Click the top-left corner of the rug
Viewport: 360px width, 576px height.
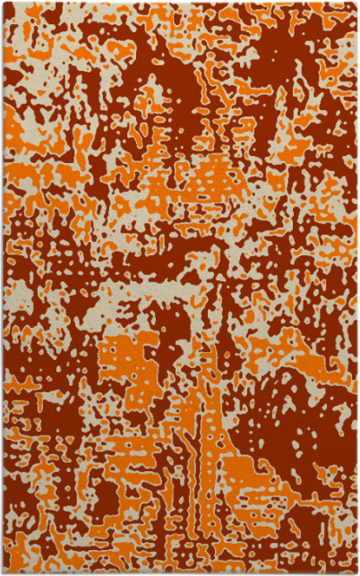pos(3,3)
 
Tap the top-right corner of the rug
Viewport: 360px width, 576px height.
pos(356,3)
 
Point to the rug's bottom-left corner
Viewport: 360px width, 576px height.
pos(3,572)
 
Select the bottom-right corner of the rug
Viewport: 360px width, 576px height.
pos(356,572)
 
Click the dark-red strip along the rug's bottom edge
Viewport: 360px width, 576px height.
pos(179,566)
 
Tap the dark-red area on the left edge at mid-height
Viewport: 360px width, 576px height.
pos(13,296)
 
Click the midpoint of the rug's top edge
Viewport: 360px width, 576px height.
pos(180,3)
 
